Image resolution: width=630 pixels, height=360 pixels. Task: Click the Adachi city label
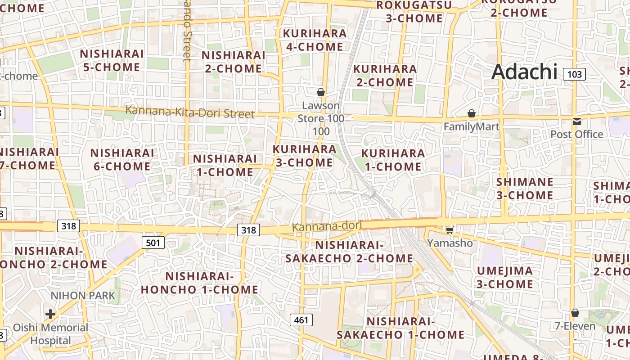click(x=524, y=72)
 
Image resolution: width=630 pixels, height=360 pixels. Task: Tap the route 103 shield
click(x=575, y=74)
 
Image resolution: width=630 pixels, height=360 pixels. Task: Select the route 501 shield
click(x=153, y=243)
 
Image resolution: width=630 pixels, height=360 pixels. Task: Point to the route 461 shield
click(x=301, y=320)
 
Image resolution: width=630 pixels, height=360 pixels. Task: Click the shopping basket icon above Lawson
click(x=321, y=93)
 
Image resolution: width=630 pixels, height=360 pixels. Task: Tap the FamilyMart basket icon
click(x=472, y=113)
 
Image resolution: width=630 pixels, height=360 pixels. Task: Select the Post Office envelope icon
click(x=576, y=121)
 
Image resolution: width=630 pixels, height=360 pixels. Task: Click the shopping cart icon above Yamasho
click(x=449, y=230)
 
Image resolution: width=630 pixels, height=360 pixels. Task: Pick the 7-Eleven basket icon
click(x=575, y=313)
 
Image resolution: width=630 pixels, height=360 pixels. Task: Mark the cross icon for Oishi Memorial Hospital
click(x=50, y=314)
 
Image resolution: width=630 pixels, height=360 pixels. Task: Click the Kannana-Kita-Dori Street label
click(x=190, y=112)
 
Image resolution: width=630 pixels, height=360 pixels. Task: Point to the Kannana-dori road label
click(x=327, y=226)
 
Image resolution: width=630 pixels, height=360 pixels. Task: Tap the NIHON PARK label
click(x=83, y=296)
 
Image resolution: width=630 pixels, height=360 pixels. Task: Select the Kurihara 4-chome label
click(x=315, y=40)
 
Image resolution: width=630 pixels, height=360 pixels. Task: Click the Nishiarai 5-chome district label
click(x=112, y=61)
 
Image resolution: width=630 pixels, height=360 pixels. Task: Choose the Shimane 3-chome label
click(x=525, y=189)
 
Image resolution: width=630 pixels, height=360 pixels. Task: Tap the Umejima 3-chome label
click(x=505, y=278)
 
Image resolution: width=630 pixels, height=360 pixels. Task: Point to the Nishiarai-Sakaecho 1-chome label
click(x=400, y=328)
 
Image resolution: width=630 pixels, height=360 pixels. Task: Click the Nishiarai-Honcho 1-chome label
click(x=200, y=283)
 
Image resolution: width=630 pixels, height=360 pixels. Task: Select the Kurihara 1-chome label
click(x=393, y=160)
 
